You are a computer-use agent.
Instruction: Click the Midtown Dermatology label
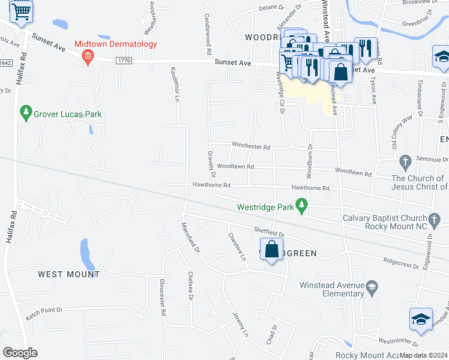tap(116, 44)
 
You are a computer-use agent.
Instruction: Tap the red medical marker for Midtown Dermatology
tap(88, 57)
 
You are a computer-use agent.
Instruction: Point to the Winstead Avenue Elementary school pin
tap(372, 287)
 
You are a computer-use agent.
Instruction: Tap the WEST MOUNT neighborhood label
tap(68, 274)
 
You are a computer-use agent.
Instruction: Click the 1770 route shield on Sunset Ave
tap(124, 61)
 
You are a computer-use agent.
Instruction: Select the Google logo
tap(20, 352)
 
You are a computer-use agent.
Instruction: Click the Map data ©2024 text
tap(423, 355)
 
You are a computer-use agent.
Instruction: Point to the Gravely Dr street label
tap(211, 163)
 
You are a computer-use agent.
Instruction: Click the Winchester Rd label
tap(252, 146)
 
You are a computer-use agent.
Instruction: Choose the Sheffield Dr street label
tap(268, 230)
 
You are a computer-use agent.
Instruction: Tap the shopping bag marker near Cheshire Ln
tap(271, 249)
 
